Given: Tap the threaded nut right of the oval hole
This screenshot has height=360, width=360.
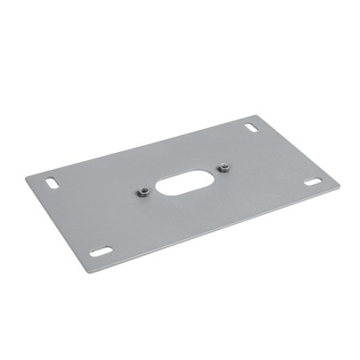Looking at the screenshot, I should click(x=224, y=167).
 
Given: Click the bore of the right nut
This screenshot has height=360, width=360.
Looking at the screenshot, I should click(x=224, y=166).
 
